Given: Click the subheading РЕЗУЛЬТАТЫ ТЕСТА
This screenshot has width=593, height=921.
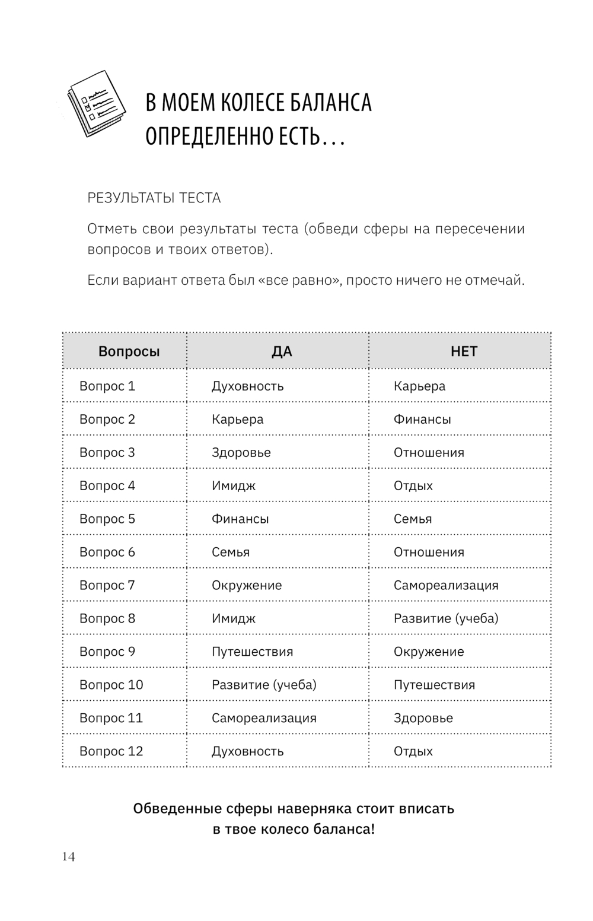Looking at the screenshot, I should (x=154, y=198).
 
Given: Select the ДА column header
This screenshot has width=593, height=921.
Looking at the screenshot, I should (x=282, y=351).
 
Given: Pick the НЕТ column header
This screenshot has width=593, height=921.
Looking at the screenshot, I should (x=464, y=351).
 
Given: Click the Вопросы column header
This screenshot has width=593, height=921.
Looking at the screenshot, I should (x=129, y=351).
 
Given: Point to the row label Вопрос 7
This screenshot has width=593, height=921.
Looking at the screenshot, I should (x=107, y=585).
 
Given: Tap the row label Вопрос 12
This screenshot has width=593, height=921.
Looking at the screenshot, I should (x=111, y=751).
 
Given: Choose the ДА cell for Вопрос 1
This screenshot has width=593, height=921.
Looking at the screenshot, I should (x=247, y=386).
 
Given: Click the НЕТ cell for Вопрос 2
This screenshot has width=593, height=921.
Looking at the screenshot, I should (x=422, y=420).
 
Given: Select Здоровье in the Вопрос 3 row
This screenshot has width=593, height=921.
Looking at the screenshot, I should (x=241, y=453).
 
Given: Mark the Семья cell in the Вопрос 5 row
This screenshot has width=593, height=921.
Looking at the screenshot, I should (x=413, y=519).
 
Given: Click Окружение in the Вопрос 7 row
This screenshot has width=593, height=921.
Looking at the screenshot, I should (x=247, y=585).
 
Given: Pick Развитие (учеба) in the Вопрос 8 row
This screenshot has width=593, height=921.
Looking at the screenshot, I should (x=446, y=618).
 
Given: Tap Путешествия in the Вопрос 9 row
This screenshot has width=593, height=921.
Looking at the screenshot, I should (x=252, y=652).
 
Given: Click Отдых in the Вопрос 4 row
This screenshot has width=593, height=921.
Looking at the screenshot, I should (x=413, y=486).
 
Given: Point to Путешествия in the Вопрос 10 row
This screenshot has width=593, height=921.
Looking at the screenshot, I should (x=434, y=685).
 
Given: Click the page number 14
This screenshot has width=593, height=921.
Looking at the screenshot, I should (x=68, y=856).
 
